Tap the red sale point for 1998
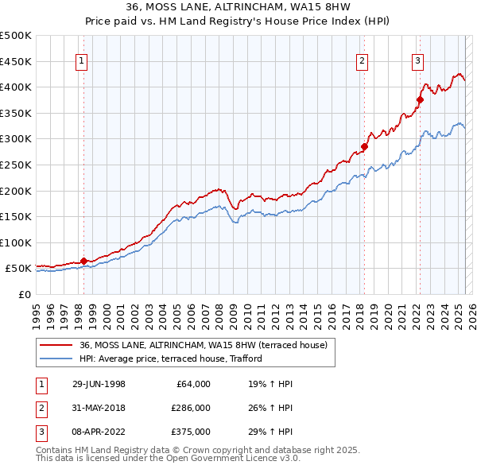tap(83, 261)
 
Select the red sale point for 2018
tap(364, 146)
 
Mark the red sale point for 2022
tap(420, 100)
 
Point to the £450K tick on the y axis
tap(16, 61)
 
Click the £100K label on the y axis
tap(16, 242)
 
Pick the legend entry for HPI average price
tap(175, 359)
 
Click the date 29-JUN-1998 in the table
tap(99, 383)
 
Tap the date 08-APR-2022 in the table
tap(99, 432)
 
